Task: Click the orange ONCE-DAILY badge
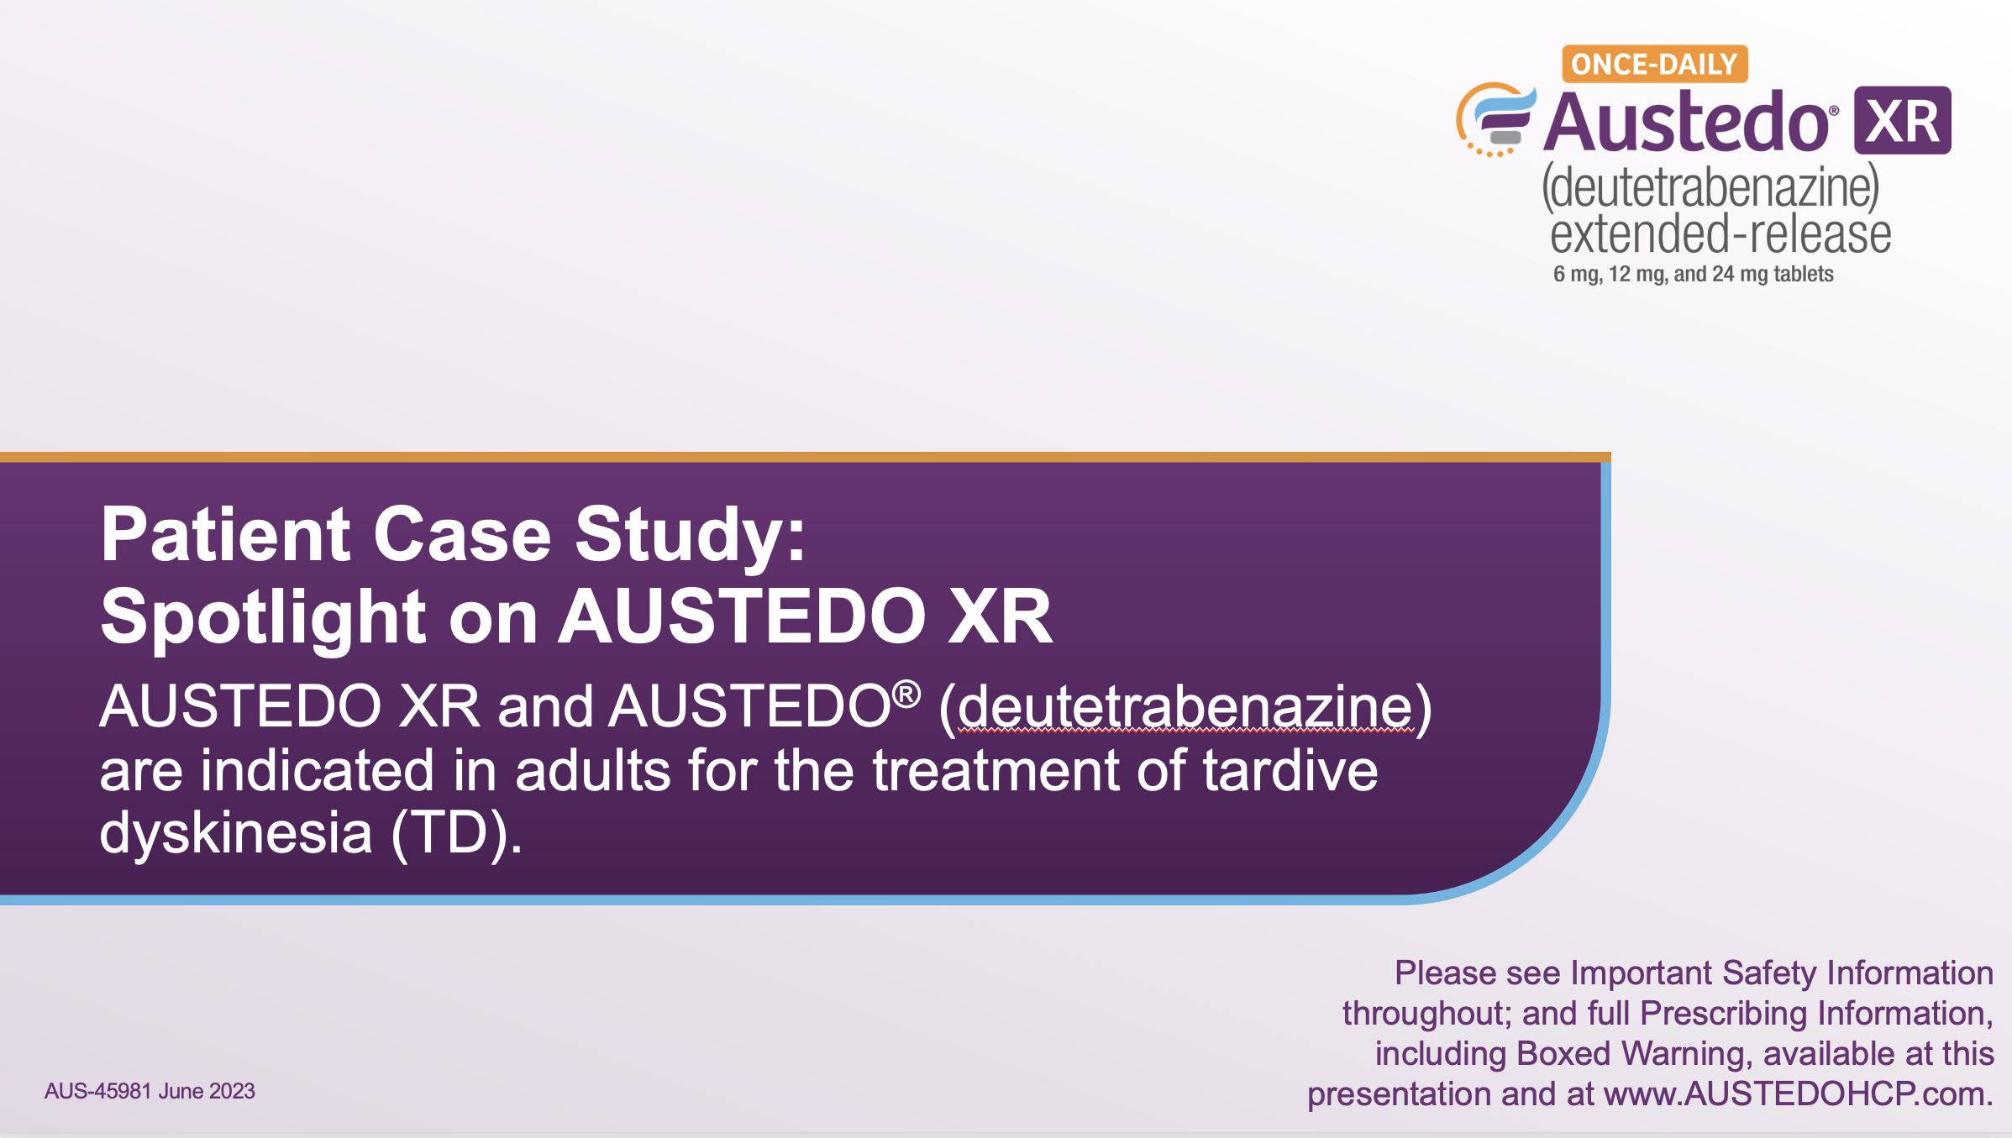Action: click(1655, 64)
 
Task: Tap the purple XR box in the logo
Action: click(1903, 120)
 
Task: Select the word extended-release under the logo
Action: click(1720, 233)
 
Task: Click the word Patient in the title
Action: click(225, 534)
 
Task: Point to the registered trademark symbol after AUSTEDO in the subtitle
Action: click(906, 695)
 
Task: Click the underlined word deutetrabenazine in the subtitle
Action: click(1185, 706)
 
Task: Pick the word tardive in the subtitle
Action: click(1290, 770)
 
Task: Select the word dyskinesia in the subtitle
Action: click(236, 833)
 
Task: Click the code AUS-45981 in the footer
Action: click(98, 1091)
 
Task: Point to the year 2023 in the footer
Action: click(232, 1091)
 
